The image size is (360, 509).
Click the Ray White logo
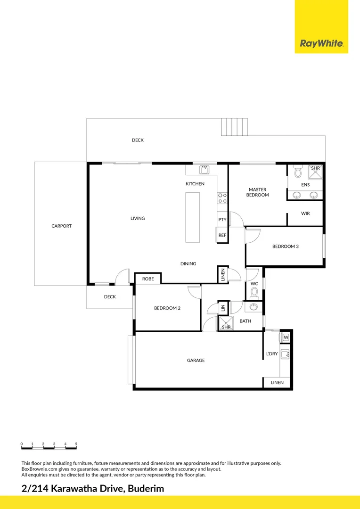pos(321,44)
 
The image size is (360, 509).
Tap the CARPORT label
pos(62,226)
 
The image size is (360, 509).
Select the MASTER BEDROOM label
pos(258,192)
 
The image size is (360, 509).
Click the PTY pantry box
pos(222,220)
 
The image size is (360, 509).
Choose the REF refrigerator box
pos(222,235)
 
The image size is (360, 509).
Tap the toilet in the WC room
pos(254,293)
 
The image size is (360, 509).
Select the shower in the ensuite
pos(316,172)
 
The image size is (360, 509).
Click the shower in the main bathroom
pos(226,324)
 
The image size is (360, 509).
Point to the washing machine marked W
pos(286,337)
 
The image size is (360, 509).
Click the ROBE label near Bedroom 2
pos(148,279)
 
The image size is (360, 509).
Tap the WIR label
pos(305,213)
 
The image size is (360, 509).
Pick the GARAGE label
pos(196,361)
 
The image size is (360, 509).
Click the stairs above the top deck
pos(234,127)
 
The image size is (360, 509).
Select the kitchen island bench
pos(193,217)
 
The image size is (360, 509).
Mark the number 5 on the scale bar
pos(76,444)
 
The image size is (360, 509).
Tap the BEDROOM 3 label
pos(286,246)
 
